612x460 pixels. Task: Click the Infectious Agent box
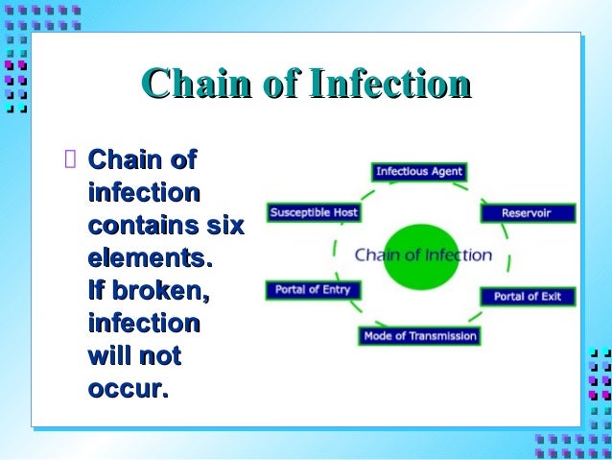click(x=418, y=172)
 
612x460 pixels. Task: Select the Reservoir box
click(x=527, y=213)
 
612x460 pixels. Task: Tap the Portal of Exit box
click(x=527, y=296)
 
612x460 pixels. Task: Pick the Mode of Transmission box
click(x=419, y=336)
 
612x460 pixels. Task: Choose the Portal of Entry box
click(x=313, y=289)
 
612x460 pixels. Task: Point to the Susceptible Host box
click(x=314, y=212)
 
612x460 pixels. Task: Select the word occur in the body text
click(x=127, y=389)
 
